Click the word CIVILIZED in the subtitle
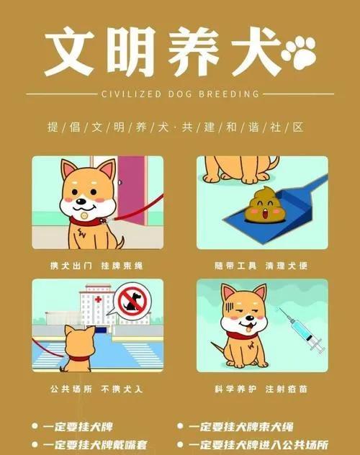pos(131,94)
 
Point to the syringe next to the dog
pos(301,330)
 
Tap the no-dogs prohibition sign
pos(132,301)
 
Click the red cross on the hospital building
pos(98,299)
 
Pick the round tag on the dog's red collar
pos(84,215)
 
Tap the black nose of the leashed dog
pos(82,201)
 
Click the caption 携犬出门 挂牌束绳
pos(96,266)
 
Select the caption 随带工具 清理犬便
pos(261,266)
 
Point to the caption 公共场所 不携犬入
pos(96,389)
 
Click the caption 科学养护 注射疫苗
pos(261,389)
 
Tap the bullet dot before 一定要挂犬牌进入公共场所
pos(180,444)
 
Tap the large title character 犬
pos(256,52)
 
